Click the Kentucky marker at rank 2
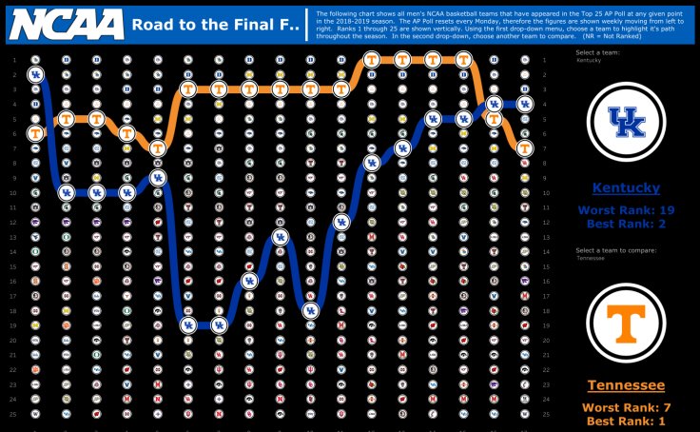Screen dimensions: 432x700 (36, 74)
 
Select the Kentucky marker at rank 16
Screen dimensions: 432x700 (249, 281)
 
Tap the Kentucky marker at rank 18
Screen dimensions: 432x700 (310, 310)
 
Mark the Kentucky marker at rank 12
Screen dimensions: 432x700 (340, 222)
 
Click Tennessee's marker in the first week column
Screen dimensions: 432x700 (36, 133)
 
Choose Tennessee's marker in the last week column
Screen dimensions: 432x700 (524, 147)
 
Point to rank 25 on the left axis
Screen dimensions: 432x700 (16, 414)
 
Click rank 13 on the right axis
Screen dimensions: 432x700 (545, 237)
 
